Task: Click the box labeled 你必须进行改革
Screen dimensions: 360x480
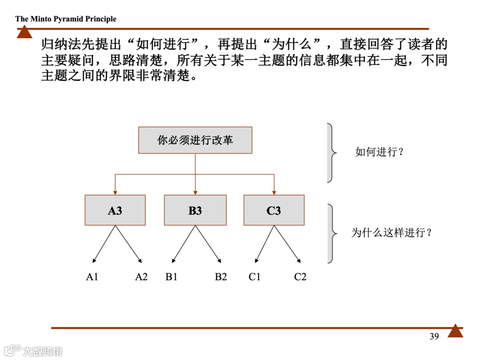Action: pos(195,140)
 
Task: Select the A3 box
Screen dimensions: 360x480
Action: pos(115,210)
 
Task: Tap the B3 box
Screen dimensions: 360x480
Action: pos(195,210)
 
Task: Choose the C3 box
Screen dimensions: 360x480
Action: pos(274,210)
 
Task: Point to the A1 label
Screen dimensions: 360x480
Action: pos(92,277)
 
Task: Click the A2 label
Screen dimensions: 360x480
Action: pos(141,277)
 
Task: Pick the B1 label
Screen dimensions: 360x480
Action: pos(172,277)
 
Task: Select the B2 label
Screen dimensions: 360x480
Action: pos(221,277)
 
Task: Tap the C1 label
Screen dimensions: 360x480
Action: pos(255,277)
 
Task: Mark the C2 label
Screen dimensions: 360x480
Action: pos(300,277)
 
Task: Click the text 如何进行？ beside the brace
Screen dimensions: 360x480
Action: pos(380,152)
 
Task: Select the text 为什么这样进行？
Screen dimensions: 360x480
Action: pos(392,232)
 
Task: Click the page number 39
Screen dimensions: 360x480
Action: pos(434,336)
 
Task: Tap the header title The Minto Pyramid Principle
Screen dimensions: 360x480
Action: pos(66,19)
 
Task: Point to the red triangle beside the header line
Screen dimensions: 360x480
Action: pos(24,33)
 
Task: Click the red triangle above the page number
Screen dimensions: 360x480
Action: pos(455,331)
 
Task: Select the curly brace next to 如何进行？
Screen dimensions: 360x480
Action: pos(331,152)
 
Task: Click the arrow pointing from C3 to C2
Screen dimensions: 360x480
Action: pos(288,244)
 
